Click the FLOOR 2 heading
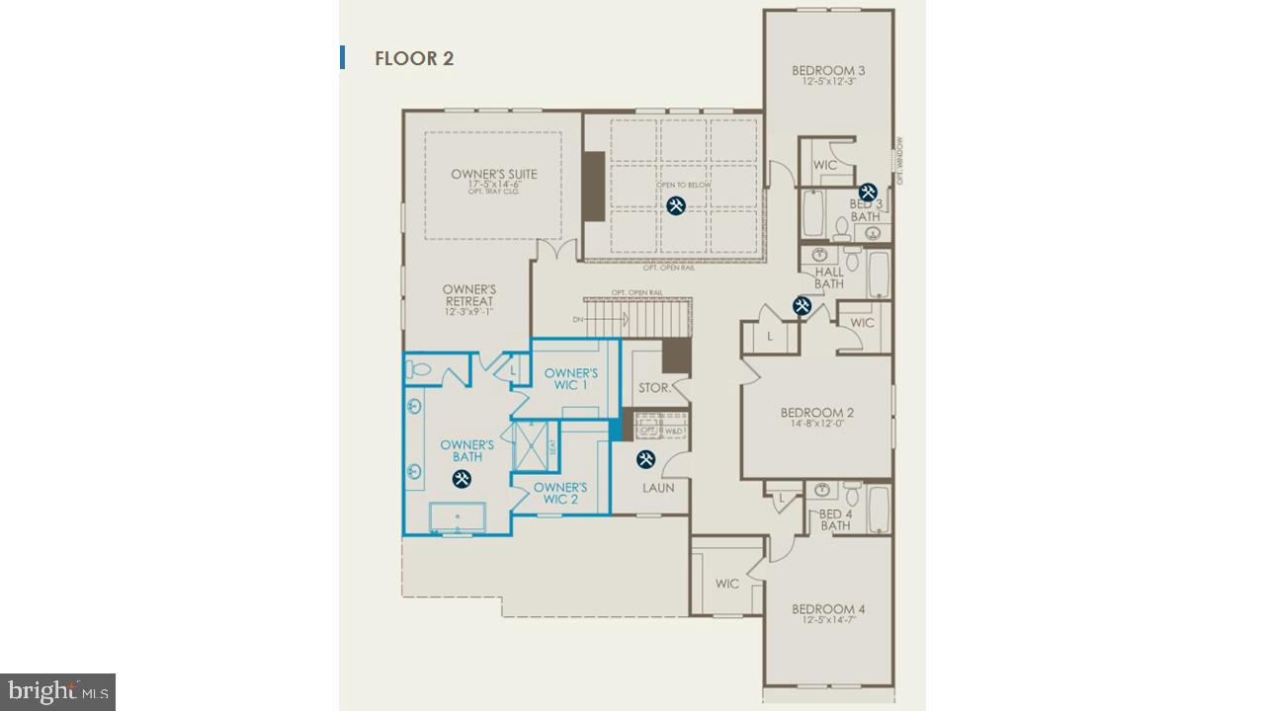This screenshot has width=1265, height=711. (413, 58)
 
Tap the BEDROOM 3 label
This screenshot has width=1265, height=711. (828, 70)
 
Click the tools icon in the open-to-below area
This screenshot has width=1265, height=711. (676, 205)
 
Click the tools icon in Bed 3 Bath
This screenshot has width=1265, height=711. (868, 193)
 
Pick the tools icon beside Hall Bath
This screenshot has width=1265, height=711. (802, 306)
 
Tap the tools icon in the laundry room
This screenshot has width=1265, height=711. (645, 459)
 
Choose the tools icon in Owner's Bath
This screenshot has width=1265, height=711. (462, 479)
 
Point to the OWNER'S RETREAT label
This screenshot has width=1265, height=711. (468, 296)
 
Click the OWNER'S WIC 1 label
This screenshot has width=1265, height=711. (571, 378)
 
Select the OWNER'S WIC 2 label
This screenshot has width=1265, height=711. (560, 493)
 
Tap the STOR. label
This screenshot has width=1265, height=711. (654, 388)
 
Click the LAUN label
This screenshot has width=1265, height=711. (658, 488)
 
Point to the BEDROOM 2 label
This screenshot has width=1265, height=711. (816, 413)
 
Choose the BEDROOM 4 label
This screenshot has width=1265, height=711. (828, 609)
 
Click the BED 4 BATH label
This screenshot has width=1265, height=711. (835, 519)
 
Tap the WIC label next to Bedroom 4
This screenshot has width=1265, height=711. (726, 584)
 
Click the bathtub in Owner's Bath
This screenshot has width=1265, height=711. (457, 517)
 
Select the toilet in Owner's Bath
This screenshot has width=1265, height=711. (419, 369)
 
